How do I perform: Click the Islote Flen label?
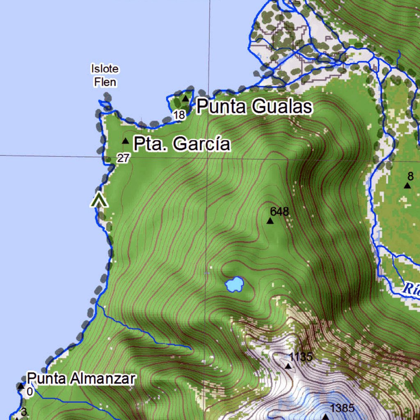click(x=104, y=75)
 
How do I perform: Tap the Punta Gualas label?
click(x=254, y=107)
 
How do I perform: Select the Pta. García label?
click(x=182, y=144)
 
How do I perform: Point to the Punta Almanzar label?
click(x=81, y=379)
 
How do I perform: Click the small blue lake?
click(x=235, y=284)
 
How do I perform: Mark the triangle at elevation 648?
click(x=270, y=221)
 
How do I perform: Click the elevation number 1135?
click(x=301, y=357)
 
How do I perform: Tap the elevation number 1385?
click(x=342, y=409)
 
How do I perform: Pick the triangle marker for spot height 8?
click(x=407, y=185)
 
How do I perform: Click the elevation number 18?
click(x=179, y=115)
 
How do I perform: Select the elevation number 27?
click(x=123, y=158)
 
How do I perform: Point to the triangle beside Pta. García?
click(x=126, y=141)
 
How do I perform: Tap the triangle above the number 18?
click(x=186, y=98)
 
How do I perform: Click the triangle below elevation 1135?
click(x=289, y=366)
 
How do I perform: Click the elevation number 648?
click(x=280, y=212)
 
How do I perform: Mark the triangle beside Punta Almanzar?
click(x=21, y=386)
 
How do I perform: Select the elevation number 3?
click(x=24, y=412)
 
